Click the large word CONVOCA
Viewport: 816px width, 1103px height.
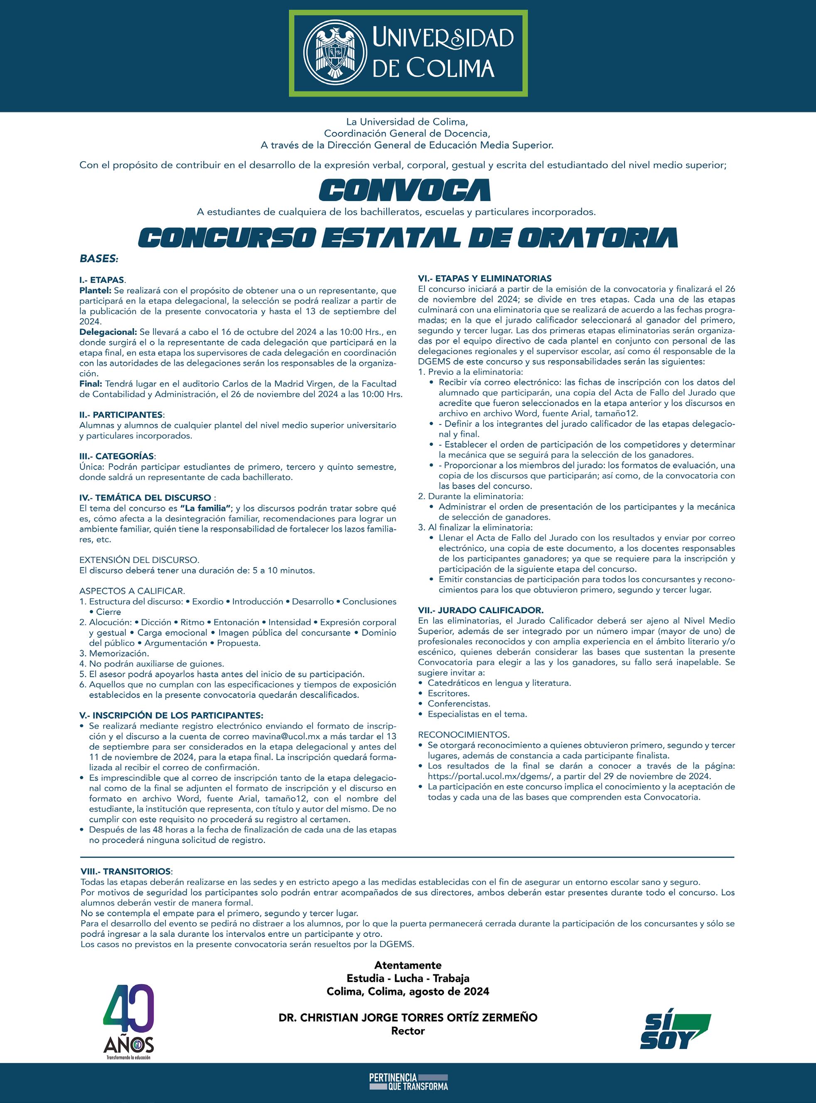coord(405,190)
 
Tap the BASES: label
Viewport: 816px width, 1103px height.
coord(99,258)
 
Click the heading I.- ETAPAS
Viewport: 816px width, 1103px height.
coord(102,280)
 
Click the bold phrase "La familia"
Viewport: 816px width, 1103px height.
coord(206,508)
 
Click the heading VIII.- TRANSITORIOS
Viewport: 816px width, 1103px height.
coord(126,871)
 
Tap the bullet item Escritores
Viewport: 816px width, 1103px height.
coord(448,693)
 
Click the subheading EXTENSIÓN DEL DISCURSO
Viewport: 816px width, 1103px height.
coord(139,560)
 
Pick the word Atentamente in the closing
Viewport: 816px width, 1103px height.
coord(408,965)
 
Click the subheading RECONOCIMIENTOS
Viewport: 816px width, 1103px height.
coord(463,735)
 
